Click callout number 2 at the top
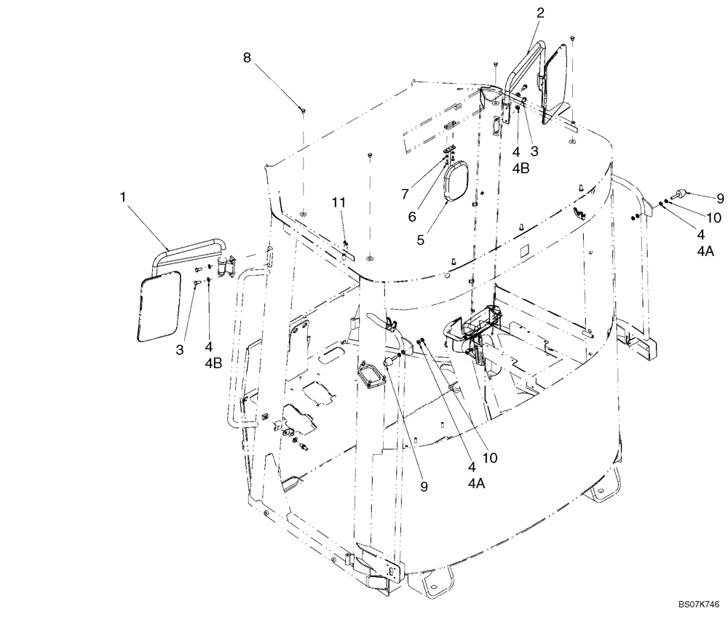(x=540, y=12)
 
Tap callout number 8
(x=248, y=56)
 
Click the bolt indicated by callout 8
(x=303, y=109)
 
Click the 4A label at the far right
(x=705, y=252)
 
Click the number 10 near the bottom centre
(x=489, y=458)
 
